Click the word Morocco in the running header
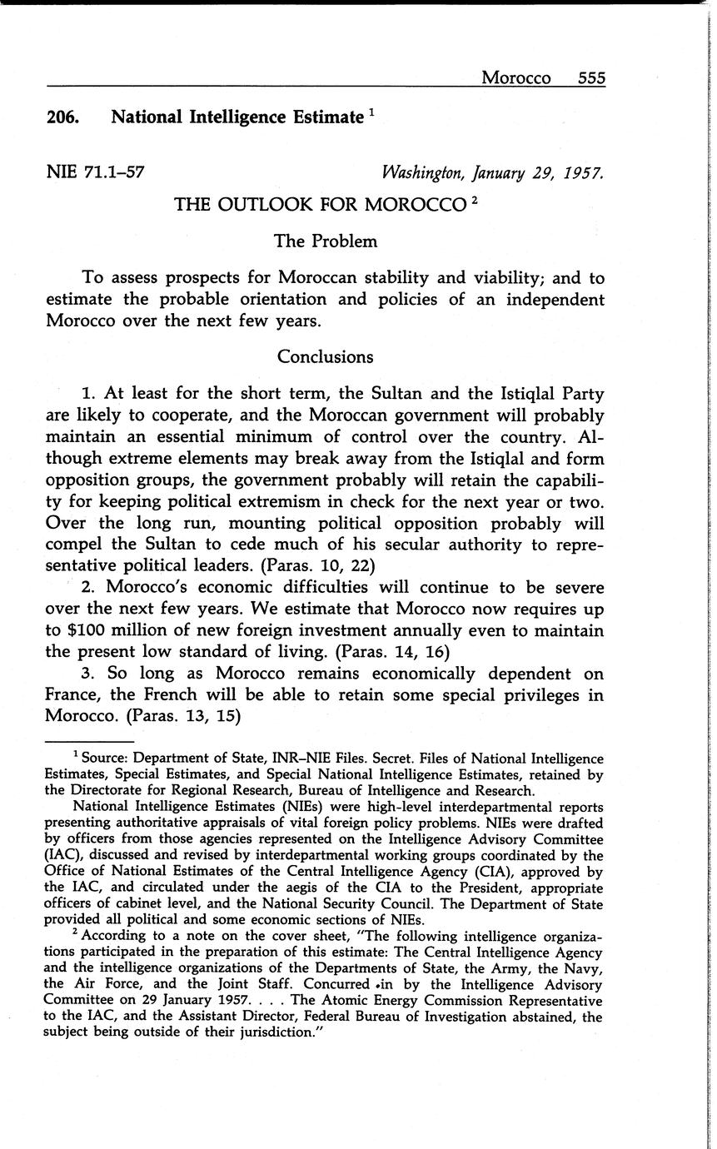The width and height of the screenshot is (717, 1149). click(x=516, y=77)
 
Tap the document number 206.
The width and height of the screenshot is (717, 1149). click(x=62, y=117)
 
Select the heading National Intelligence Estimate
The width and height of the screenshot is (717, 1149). click(x=237, y=117)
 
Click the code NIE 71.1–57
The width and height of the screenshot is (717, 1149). click(x=96, y=172)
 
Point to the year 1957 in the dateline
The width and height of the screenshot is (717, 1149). click(x=580, y=173)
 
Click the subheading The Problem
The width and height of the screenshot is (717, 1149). click(x=326, y=241)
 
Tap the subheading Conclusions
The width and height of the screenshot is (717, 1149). click(x=326, y=356)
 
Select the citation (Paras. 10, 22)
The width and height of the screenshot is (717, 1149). click(x=318, y=565)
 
